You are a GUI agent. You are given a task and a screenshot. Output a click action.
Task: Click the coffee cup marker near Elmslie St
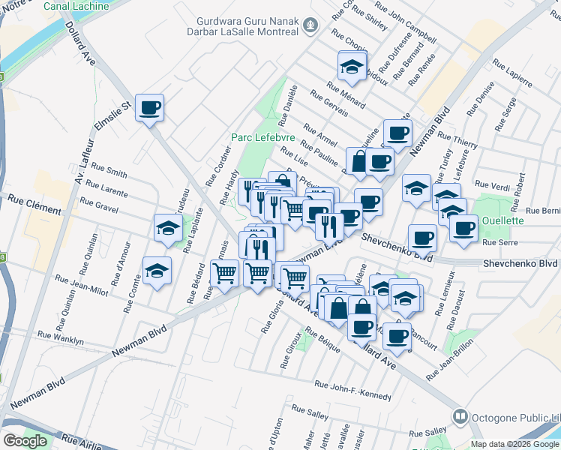[149, 108]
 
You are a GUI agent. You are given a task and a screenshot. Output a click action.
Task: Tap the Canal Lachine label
[76, 6]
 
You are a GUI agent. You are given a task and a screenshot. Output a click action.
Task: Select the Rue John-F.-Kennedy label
[355, 385]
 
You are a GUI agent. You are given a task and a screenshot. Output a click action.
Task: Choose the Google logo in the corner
[25, 440]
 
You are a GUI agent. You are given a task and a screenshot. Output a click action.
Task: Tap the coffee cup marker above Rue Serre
[463, 227]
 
